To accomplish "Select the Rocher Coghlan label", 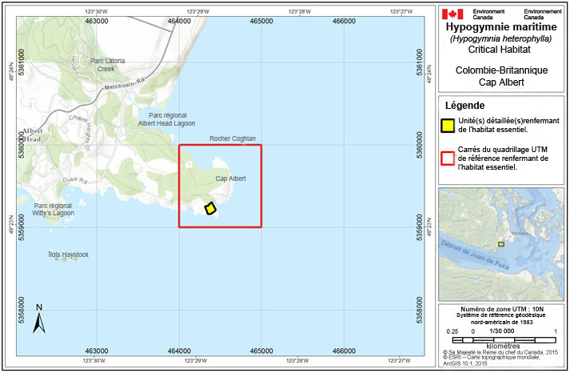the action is (232, 138).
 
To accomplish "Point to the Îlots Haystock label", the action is (68, 255).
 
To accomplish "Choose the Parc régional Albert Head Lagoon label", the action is (166, 119).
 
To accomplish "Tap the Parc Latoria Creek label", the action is (107, 64).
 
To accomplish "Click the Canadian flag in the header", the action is (452, 14).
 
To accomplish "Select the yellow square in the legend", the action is (449, 124).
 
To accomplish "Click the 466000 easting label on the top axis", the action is (344, 21).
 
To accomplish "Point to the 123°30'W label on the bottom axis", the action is (94, 361).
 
